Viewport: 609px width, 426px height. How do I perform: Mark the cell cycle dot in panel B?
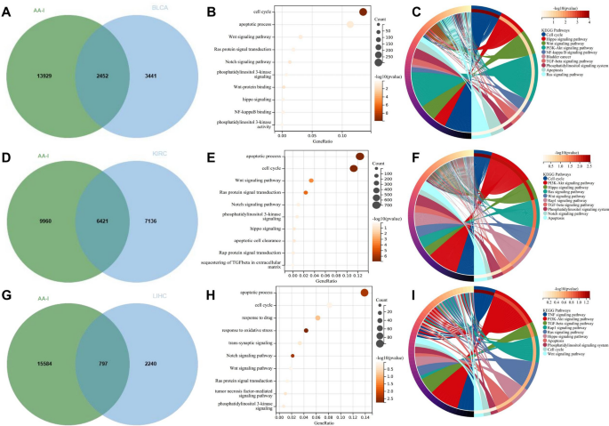pyautogui.click(x=363, y=12)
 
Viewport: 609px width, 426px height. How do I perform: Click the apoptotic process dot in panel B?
pyautogui.click(x=350, y=24)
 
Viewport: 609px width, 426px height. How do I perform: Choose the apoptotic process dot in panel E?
pyautogui.click(x=359, y=156)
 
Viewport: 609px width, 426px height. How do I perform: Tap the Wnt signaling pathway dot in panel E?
pyautogui.click(x=310, y=181)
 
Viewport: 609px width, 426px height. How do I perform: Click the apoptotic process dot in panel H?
pyautogui.click(x=363, y=293)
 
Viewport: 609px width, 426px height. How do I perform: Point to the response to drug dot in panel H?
pyautogui.click(x=317, y=317)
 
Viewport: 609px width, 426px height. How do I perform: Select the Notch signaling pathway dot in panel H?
pyautogui.click(x=292, y=355)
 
